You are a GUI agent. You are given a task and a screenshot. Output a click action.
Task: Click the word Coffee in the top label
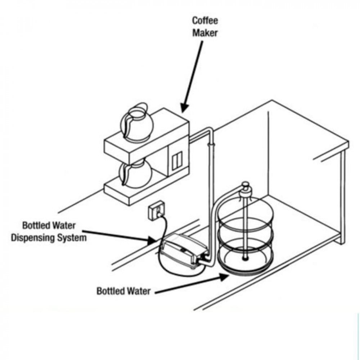(x=205, y=21)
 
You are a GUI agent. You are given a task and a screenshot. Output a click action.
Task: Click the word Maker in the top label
(x=205, y=33)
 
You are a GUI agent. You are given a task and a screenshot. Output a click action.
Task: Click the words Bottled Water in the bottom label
(x=123, y=291)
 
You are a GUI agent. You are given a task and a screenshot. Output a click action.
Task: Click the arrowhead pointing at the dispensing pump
(x=152, y=240)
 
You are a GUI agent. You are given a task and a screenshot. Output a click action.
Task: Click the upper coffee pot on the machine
(x=137, y=123)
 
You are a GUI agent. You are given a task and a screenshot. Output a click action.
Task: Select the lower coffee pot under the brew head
(x=135, y=173)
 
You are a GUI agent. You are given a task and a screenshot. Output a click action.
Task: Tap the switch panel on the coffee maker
(x=177, y=160)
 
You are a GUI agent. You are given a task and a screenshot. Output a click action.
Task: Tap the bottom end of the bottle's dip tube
(x=245, y=258)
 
